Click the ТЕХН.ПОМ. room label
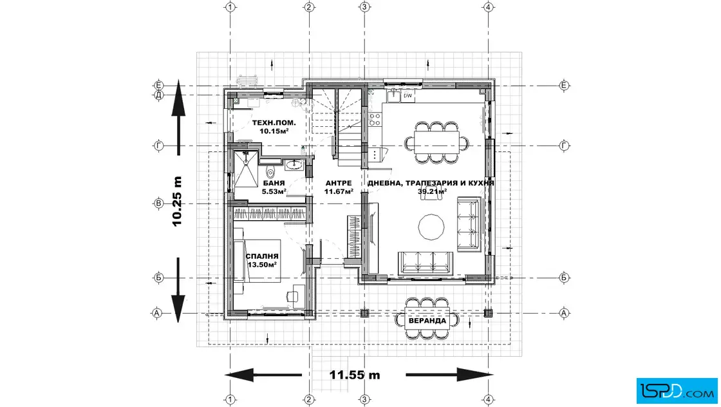pyautogui.click(x=274, y=123)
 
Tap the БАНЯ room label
pyautogui.click(x=274, y=183)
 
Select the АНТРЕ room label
pyautogui.click(x=339, y=183)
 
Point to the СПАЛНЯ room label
pyautogui.click(x=262, y=256)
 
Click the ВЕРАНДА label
pyautogui.click(x=427, y=321)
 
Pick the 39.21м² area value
pyautogui.click(x=432, y=191)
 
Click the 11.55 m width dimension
pyautogui.click(x=355, y=375)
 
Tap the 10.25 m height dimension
pyautogui.click(x=177, y=201)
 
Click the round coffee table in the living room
pyautogui.click(x=431, y=227)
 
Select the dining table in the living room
pyautogui.click(x=436, y=142)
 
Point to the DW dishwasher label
pyautogui.click(x=408, y=96)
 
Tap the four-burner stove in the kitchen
pyautogui.click(x=375, y=120)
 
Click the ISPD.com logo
pyautogui.click(x=677, y=391)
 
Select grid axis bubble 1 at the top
pyautogui.click(x=230, y=7)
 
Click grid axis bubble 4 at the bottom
pyautogui.click(x=489, y=400)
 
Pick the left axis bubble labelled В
pyautogui.click(x=158, y=203)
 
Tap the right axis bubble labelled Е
pyautogui.click(x=564, y=86)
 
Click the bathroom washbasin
pyautogui.click(x=294, y=164)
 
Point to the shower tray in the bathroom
pyautogui.click(x=246, y=169)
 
